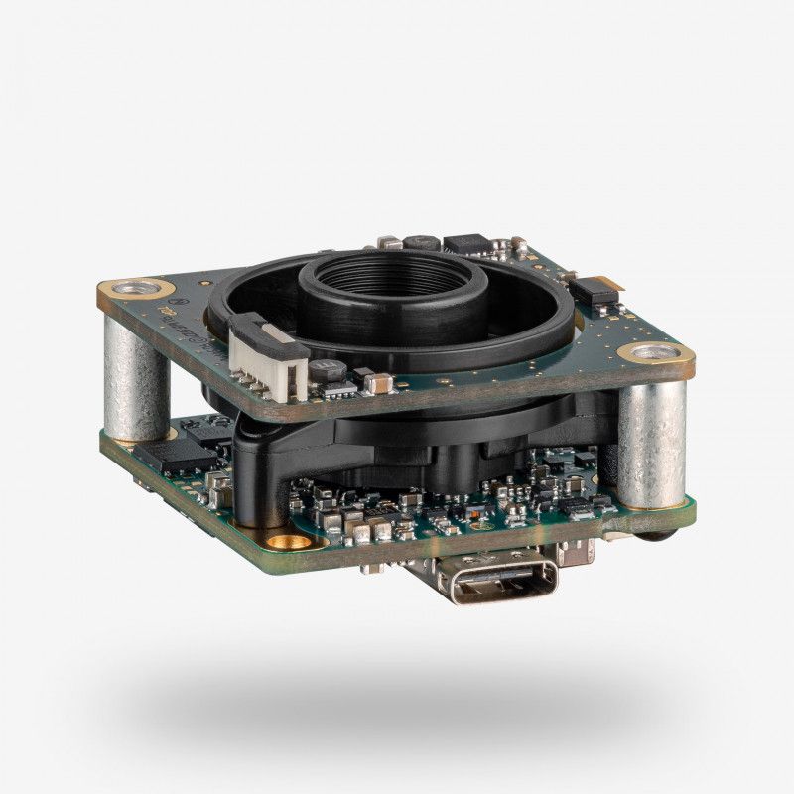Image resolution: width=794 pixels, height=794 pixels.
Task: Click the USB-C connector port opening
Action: (503, 585)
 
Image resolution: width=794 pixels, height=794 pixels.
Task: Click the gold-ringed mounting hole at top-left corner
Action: (129, 290)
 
